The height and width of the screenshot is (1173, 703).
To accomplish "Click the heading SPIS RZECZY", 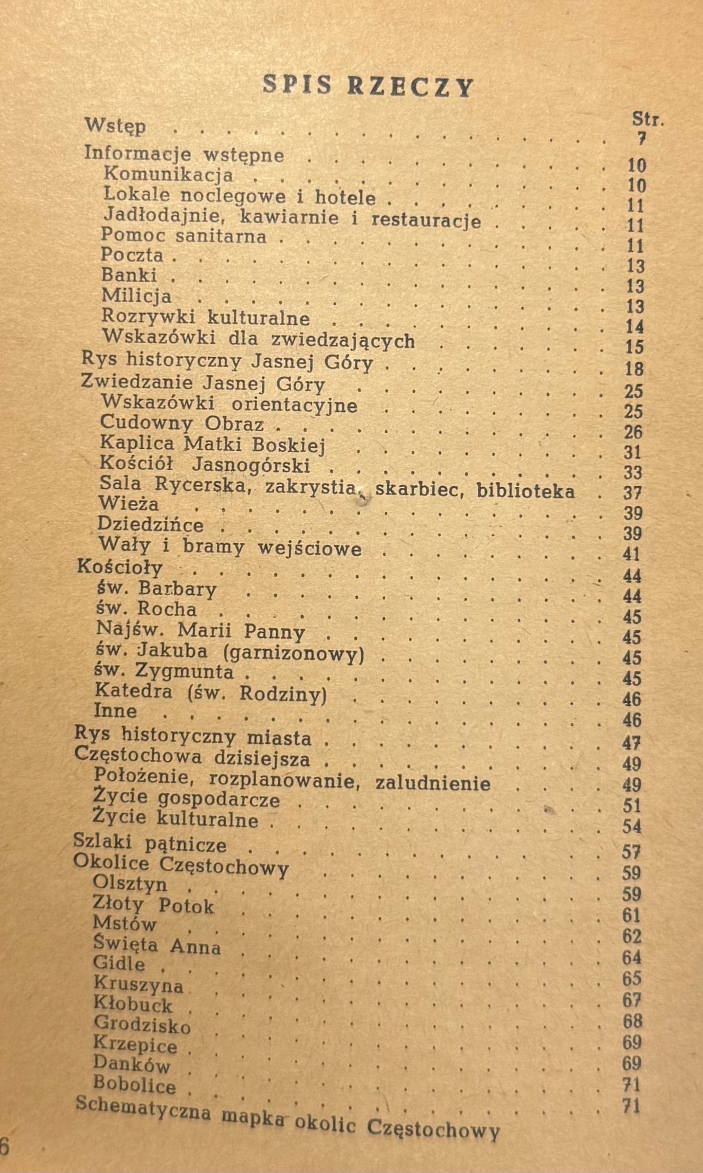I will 368,87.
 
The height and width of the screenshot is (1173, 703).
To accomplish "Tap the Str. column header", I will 648,119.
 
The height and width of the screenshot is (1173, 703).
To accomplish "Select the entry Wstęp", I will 115,126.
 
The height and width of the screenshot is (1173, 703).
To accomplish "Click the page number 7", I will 641,140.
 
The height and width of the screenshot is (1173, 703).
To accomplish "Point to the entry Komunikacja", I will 168,174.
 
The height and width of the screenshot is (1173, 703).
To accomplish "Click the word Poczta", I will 132,255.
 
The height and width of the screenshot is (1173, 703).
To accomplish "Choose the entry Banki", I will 129,275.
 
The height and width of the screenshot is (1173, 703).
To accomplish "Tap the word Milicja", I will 136,296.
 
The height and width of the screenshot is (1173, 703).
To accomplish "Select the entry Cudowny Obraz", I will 182,423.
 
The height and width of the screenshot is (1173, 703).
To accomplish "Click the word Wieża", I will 128,502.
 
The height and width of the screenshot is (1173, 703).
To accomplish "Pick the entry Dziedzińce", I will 150,524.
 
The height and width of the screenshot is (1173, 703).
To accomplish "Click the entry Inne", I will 115,711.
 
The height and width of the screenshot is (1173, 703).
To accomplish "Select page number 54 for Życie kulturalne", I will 631,826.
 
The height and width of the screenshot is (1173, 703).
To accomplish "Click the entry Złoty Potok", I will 153,905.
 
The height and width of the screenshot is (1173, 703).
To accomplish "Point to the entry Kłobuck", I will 133,1005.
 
